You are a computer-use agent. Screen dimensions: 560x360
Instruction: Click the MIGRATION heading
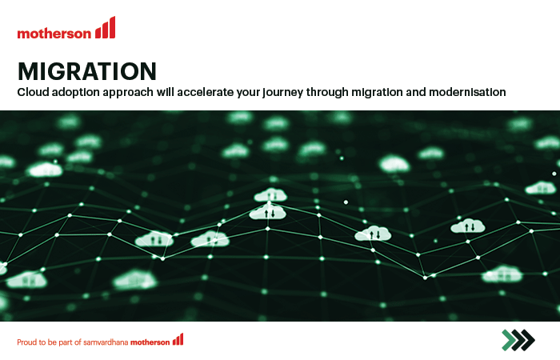pyautogui.click(x=87, y=71)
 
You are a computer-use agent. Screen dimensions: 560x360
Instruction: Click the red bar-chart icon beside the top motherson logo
pyautogui.click(x=105, y=27)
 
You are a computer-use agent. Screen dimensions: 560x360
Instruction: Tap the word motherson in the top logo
pyautogui.click(x=54, y=34)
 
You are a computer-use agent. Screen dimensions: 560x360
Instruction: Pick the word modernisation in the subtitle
pyautogui.click(x=467, y=92)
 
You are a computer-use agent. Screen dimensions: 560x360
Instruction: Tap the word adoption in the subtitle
pyautogui.click(x=76, y=93)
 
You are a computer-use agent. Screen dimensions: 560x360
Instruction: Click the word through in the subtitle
pyautogui.click(x=327, y=93)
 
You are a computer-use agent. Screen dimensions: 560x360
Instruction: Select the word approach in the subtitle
pyautogui.click(x=128, y=93)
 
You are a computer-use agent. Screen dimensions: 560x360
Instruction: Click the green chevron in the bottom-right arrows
pyautogui.click(x=509, y=340)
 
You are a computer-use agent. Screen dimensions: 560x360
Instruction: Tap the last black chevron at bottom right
pyautogui.click(x=528, y=340)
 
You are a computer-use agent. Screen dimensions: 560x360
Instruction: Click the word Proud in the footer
pyautogui.click(x=26, y=342)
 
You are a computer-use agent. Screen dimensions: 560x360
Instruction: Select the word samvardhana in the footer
pyautogui.click(x=106, y=342)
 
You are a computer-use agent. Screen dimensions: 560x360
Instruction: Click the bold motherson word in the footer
pyautogui.click(x=150, y=342)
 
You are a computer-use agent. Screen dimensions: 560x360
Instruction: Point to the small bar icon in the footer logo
pyautogui.click(x=178, y=339)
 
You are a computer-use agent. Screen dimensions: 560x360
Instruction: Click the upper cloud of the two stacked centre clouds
pyautogui.click(x=270, y=195)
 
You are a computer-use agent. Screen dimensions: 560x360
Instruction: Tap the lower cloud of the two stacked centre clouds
pyautogui.click(x=267, y=212)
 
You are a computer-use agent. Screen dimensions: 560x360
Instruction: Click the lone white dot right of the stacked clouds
pyautogui.click(x=346, y=202)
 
